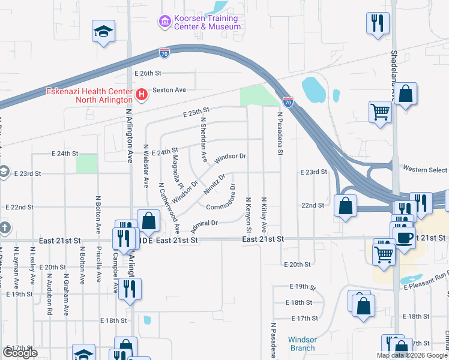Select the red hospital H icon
pos(142,94)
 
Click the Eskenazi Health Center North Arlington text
pos(90,95)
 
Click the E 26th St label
pos(148,73)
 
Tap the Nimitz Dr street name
pos(214,182)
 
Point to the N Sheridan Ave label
pos(203,139)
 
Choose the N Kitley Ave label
pos(264,215)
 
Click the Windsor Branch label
pos(302,344)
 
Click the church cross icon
pos(4,228)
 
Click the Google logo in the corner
pos(20,353)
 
